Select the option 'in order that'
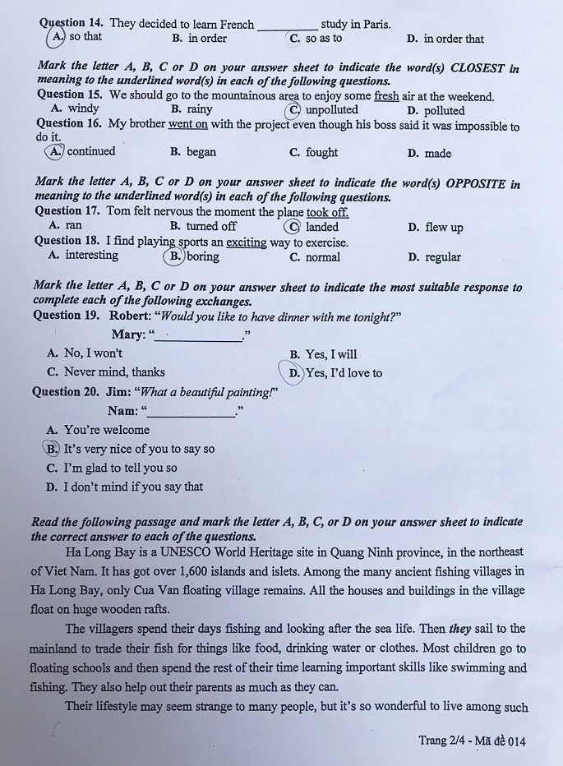(x=453, y=39)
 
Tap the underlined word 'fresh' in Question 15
(x=386, y=96)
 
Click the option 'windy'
(x=83, y=108)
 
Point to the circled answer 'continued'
(x=90, y=151)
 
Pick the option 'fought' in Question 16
(x=321, y=152)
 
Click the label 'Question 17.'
(x=68, y=211)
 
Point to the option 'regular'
(x=442, y=257)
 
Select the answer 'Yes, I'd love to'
(x=344, y=373)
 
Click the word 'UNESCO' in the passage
(x=210, y=552)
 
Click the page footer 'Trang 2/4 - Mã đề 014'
(x=471, y=741)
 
